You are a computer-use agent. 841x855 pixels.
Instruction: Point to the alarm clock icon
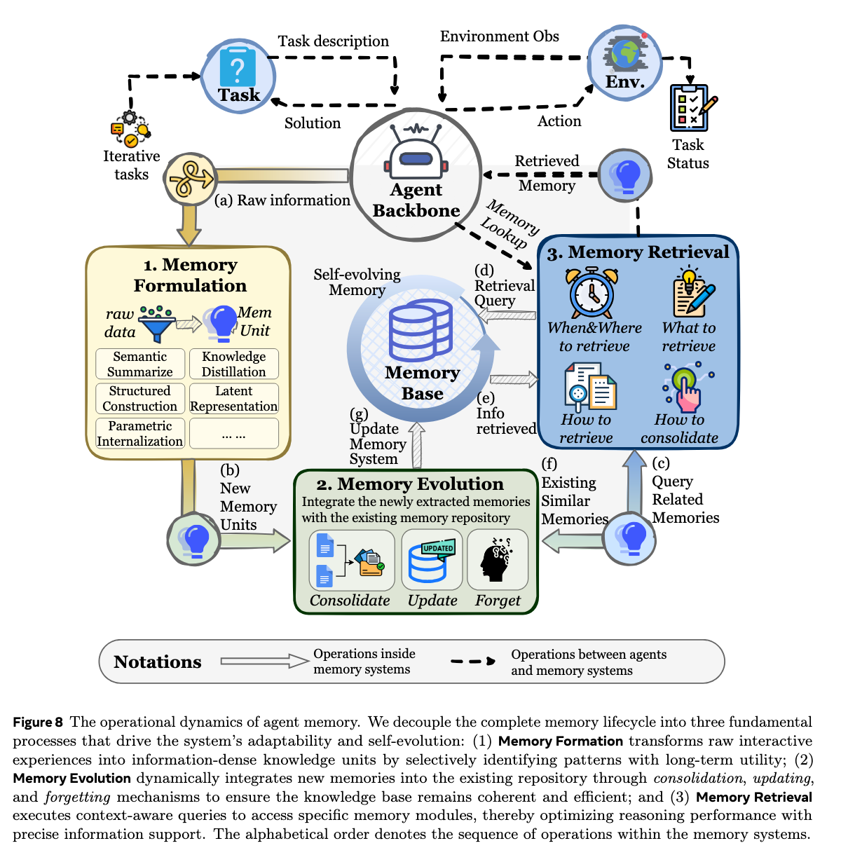(x=592, y=293)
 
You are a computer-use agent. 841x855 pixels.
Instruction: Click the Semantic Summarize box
(x=140, y=364)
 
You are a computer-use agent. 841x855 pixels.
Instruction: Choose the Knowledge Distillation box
(x=234, y=364)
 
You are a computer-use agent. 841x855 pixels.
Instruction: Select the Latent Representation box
(x=234, y=399)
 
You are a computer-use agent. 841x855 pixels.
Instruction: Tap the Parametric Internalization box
(x=140, y=434)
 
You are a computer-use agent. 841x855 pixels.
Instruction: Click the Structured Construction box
(x=140, y=399)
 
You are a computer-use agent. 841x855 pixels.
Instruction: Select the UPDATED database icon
(x=430, y=560)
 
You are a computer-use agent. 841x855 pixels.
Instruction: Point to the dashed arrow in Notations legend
(x=473, y=661)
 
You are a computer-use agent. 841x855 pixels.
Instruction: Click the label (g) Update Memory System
(x=374, y=437)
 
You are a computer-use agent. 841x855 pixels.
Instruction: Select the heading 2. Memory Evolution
(x=410, y=484)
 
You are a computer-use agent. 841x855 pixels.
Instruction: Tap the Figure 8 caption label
(x=38, y=723)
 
